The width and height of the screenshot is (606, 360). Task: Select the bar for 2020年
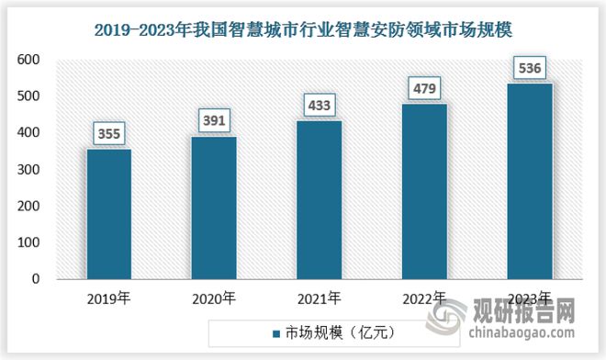214,207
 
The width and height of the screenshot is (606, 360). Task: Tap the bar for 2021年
320,199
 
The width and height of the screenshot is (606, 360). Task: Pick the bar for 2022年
425,191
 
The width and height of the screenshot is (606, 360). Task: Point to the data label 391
214,121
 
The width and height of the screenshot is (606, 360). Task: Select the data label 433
320,106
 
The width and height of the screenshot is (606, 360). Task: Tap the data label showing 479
425,89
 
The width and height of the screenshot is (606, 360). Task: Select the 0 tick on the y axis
36,279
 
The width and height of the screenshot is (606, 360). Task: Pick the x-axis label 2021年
320,298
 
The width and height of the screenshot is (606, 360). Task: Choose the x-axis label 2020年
214,298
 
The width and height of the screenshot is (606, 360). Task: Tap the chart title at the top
303,29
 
